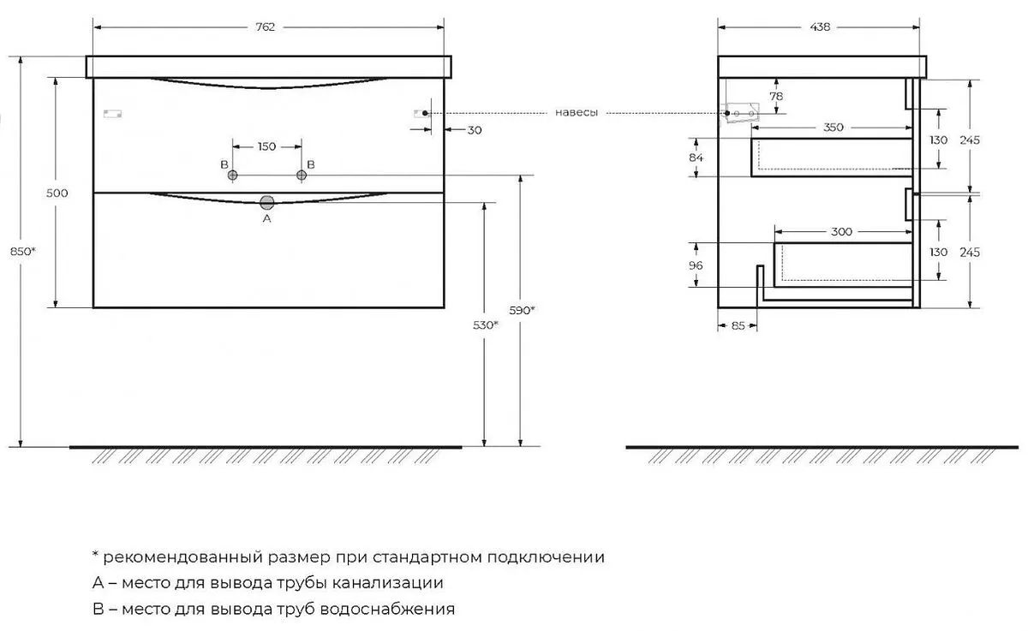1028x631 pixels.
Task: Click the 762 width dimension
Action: click(266, 27)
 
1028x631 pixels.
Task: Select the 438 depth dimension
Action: click(820, 27)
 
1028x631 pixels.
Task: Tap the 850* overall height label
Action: click(23, 252)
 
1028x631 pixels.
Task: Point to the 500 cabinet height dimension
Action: click(57, 193)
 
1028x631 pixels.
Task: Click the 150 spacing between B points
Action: click(266, 146)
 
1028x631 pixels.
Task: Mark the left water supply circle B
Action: click(233, 176)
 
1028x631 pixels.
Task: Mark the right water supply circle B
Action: click(302, 176)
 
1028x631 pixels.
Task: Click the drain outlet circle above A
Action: click(266, 202)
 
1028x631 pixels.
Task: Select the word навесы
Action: click(577, 113)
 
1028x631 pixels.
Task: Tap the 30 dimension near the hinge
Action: click(475, 130)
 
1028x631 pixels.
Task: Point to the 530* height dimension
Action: click(486, 325)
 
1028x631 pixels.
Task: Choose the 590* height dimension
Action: click(522, 311)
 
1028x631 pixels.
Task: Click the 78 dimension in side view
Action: click(776, 96)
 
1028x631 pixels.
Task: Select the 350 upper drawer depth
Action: click(833, 127)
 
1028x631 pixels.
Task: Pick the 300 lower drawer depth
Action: click(841, 231)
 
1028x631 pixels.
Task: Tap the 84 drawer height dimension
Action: click(696, 158)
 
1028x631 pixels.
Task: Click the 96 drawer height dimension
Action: click(696, 265)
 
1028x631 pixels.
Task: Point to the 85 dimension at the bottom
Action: click(738, 325)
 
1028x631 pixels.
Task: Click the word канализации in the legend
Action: click(387, 583)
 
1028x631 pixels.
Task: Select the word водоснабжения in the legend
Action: click(387, 609)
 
